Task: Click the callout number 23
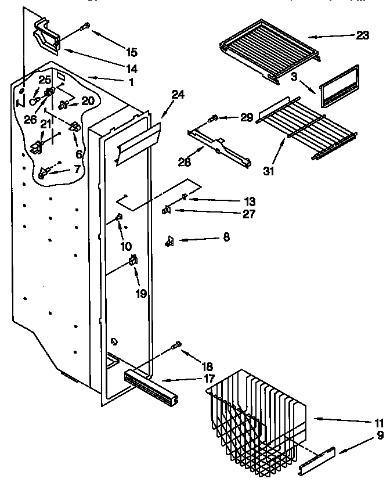(x=362, y=35)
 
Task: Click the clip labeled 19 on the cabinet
(x=133, y=261)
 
